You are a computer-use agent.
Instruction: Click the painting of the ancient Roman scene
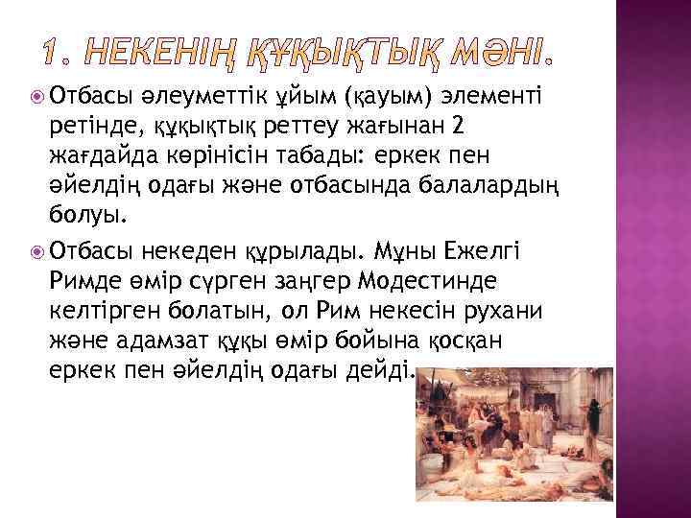508,441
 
